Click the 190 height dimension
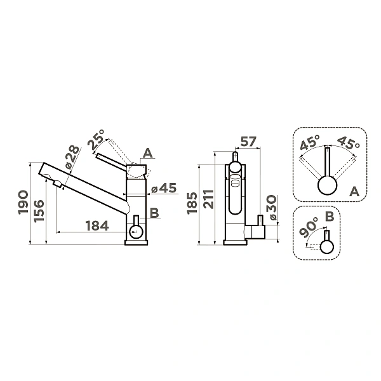pyautogui.click(x=23, y=203)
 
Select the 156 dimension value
pyautogui.click(x=39, y=211)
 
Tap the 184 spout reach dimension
pyautogui.click(x=97, y=226)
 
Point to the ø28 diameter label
pyautogui.click(x=72, y=157)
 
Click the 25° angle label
pyautogui.click(x=97, y=140)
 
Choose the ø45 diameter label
pyautogui.click(x=164, y=188)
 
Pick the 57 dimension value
pyautogui.click(x=248, y=142)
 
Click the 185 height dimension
pyautogui.click(x=192, y=203)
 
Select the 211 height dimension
pyautogui.click(x=208, y=199)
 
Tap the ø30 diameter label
pyautogui.click(x=272, y=207)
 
